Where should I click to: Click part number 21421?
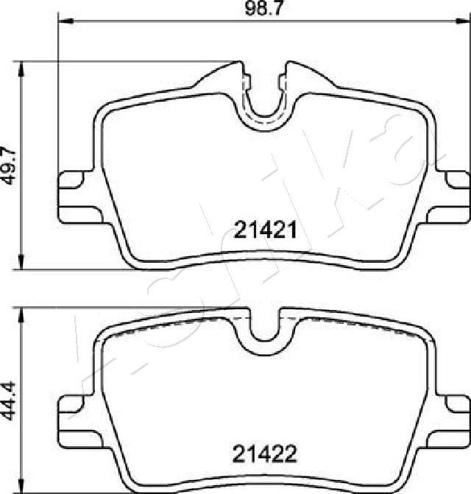coord(265,230)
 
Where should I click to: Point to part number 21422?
coord(265,454)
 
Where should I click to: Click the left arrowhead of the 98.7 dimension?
coord(65,21)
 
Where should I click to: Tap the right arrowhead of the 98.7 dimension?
coord(463,21)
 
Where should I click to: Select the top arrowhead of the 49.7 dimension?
coord(21,68)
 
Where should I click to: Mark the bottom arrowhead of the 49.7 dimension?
coord(21,262)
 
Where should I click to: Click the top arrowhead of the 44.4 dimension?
coord(21,315)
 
